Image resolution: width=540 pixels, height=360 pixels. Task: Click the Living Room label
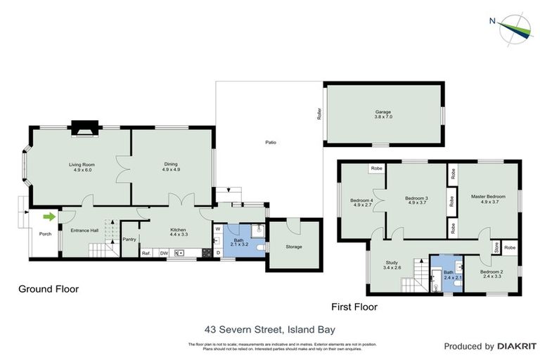[x=82, y=165]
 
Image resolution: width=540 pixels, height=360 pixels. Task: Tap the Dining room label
[x=171, y=165]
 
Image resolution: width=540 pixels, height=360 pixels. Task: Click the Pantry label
[x=129, y=239]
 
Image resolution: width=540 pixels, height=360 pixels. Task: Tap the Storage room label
[x=293, y=247]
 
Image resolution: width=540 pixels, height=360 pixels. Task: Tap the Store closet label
[x=496, y=248]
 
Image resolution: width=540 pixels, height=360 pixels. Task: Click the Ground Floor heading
[x=49, y=289]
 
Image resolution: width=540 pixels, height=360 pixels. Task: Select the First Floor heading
[x=354, y=307]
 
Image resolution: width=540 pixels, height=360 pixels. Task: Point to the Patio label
[x=270, y=143]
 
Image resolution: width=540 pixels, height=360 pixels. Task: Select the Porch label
[x=45, y=234]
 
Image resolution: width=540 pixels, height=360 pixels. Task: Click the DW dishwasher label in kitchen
[x=163, y=253]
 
